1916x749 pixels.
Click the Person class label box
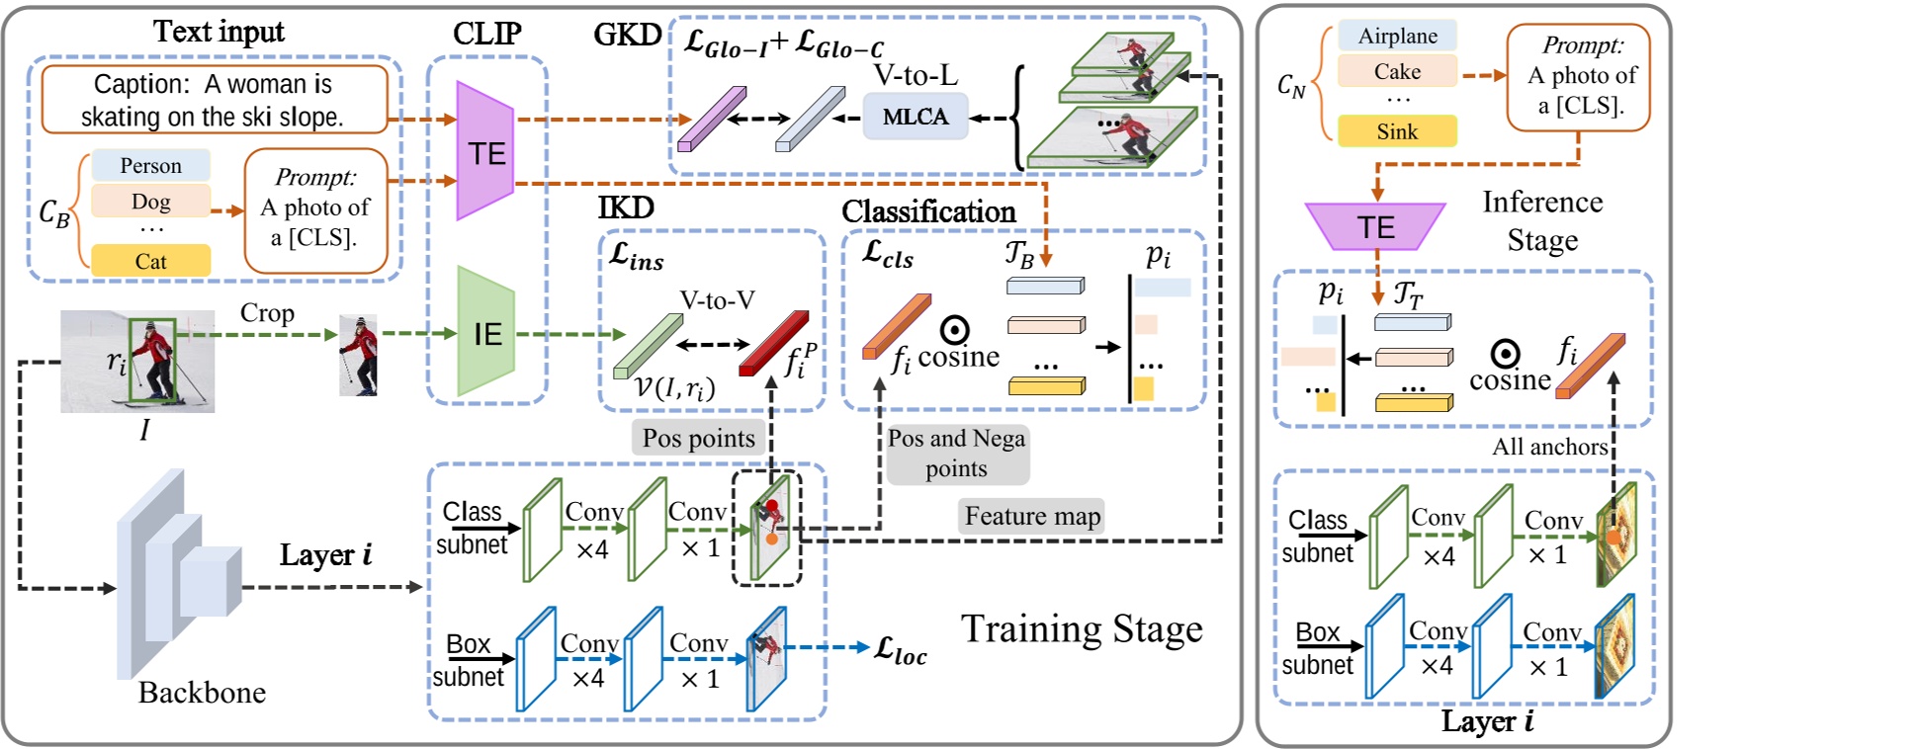(x=150, y=165)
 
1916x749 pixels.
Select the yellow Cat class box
(x=150, y=261)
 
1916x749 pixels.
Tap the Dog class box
(x=150, y=202)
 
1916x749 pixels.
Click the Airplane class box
(x=1397, y=36)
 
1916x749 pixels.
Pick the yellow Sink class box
(x=1397, y=131)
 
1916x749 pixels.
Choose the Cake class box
(x=1397, y=71)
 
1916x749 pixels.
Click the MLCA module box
(x=914, y=117)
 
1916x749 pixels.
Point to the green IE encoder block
(x=486, y=334)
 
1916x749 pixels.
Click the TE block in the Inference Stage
(x=1375, y=227)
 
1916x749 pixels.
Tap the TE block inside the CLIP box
(x=486, y=153)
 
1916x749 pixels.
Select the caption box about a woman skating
(x=214, y=100)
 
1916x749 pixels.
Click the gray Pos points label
(x=698, y=438)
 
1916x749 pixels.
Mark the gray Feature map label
(x=1032, y=516)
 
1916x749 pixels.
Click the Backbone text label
(x=202, y=693)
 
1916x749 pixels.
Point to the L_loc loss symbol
(x=901, y=650)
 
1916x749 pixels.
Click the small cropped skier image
(x=358, y=356)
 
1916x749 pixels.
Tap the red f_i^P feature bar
(x=773, y=343)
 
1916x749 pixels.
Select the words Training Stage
(x=1082, y=628)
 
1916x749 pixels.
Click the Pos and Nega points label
(x=956, y=453)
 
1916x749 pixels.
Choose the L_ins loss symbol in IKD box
(x=637, y=257)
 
